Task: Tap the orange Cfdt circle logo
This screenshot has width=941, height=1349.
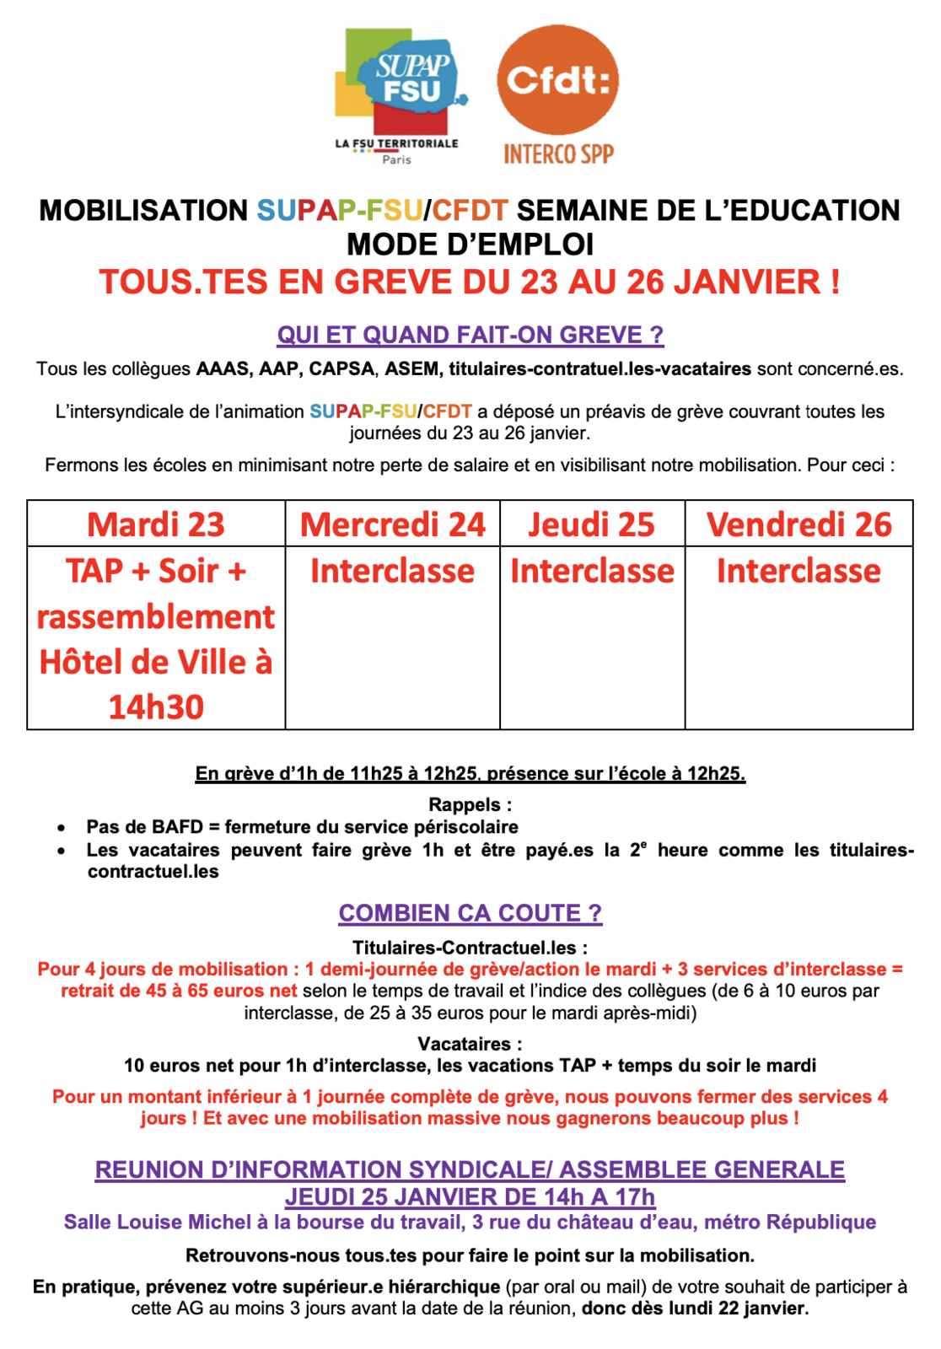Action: pyautogui.click(x=558, y=80)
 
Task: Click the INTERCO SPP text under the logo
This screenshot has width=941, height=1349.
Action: pyautogui.click(x=558, y=153)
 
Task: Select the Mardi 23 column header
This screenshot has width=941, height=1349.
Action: pyautogui.click(x=156, y=524)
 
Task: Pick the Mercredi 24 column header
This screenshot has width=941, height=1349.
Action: pyautogui.click(x=393, y=524)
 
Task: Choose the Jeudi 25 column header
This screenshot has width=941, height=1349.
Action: pyautogui.click(x=592, y=524)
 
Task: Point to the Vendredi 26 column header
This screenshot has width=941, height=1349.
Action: pyautogui.click(x=799, y=524)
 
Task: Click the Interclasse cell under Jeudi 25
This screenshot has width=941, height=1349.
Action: pyautogui.click(x=592, y=571)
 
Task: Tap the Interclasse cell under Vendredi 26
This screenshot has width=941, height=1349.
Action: pyautogui.click(x=799, y=571)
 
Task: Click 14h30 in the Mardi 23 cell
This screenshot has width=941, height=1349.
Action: pyautogui.click(x=156, y=707)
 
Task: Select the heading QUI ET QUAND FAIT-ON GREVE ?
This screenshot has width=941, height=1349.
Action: pyautogui.click(x=470, y=335)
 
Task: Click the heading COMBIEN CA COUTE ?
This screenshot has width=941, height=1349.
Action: pyautogui.click(x=470, y=913)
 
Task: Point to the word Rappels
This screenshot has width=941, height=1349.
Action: pyautogui.click(x=465, y=804)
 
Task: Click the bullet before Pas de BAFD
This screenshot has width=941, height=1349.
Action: pyautogui.click(x=62, y=828)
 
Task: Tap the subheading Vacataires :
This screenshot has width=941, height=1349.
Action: pyautogui.click(x=470, y=1044)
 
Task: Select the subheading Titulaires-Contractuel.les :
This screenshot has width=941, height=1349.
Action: pyautogui.click(x=470, y=948)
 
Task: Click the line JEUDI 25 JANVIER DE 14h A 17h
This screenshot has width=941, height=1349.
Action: pyautogui.click(x=470, y=1196)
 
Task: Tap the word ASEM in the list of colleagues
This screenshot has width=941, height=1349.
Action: pyautogui.click(x=411, y=368)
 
